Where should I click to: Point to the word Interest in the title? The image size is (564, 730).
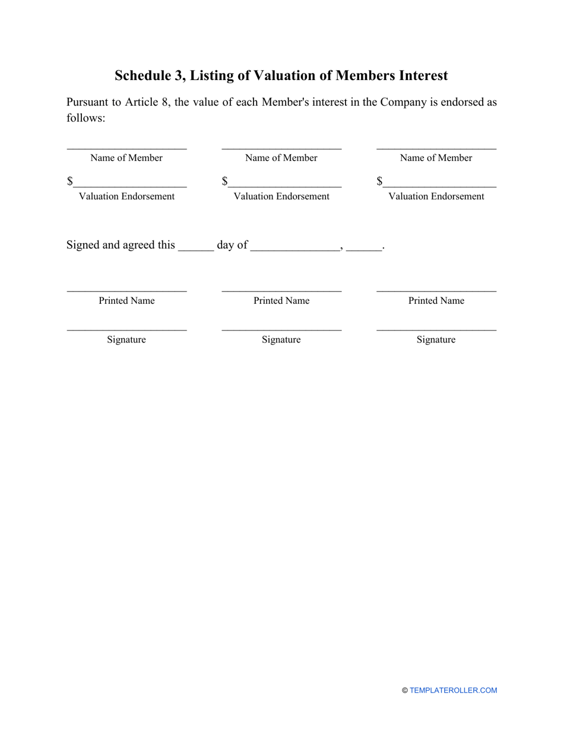(422, 76)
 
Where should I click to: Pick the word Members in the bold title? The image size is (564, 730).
(365, 76)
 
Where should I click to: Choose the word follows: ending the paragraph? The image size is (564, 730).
(85, 118)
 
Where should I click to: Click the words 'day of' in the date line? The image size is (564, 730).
(232, 245)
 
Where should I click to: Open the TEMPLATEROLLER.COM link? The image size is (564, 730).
(454, 690)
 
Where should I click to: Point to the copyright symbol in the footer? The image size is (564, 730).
(405, 690)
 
